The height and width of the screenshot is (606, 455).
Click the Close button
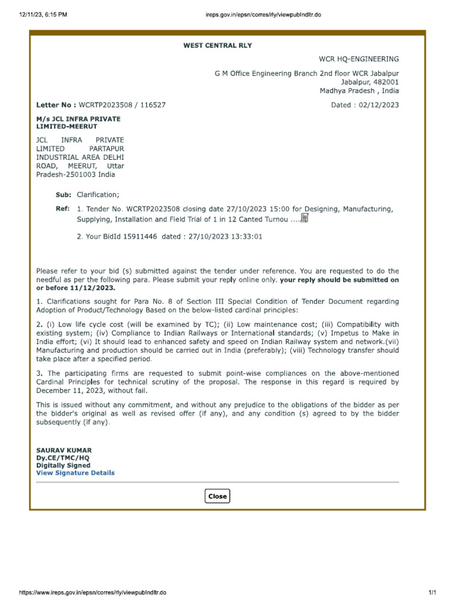[x=217, y=496]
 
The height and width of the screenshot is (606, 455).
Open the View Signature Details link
[x=75, y=473]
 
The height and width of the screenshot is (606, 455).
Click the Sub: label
[x=63, y=195]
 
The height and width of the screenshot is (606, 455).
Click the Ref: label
[x=63, y=209]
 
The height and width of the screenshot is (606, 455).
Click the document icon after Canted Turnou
[x=305, y=218]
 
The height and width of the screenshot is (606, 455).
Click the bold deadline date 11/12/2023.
[x=93, y=288]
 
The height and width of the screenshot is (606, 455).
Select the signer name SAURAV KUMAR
[x=64, y=450]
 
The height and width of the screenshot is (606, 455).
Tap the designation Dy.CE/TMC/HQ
[x=63, y=458]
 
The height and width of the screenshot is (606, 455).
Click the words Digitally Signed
[x=63, y=466]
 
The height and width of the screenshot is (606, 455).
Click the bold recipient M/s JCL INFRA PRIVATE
[x=78, y=119]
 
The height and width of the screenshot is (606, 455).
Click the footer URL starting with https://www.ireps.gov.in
[x=93, y=592]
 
